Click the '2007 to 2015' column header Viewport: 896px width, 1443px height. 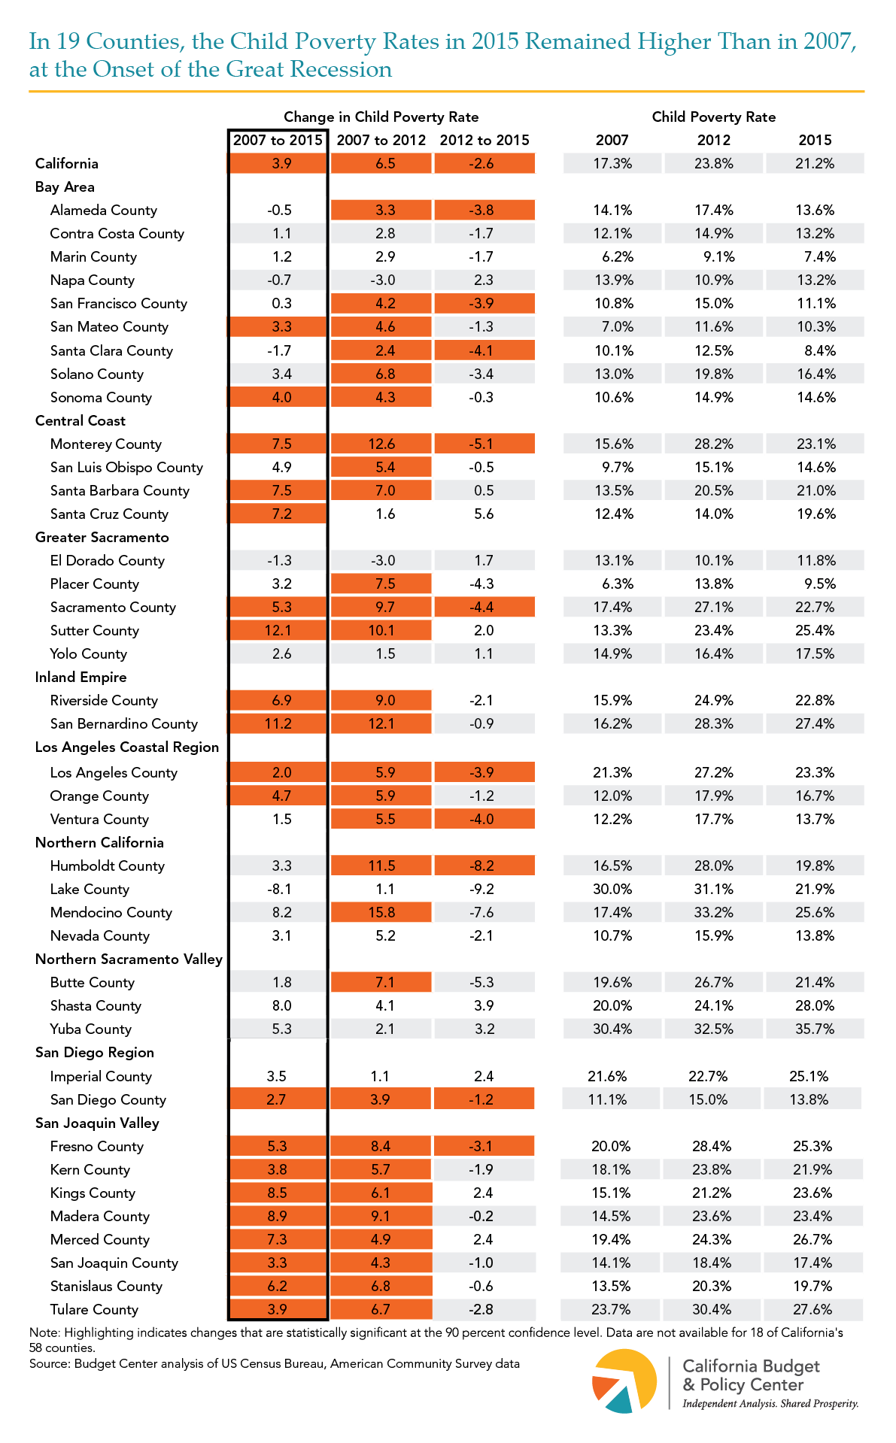(278, 140)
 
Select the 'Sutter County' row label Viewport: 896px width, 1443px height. (95, 630)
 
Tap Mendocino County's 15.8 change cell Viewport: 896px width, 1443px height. (381, 912)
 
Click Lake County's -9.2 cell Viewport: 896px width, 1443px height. (484, 889)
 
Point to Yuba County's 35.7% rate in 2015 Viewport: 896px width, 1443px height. (815, 1029)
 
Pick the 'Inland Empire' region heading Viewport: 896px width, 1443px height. (80, 677)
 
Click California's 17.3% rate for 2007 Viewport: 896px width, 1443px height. (612, 163)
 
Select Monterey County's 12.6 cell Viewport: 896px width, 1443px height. (381, 444)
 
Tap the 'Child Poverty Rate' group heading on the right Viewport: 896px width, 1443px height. (713, 117)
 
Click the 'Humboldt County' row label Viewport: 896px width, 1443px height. (108, 865)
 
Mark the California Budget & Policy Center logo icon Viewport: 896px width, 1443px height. (624, 1381)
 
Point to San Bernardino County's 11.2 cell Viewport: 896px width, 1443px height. (278, 723)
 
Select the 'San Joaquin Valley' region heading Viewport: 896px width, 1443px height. (97, 1123)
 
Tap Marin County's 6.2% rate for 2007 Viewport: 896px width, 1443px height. (617, 256)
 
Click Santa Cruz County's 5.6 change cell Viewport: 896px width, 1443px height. (484, 514)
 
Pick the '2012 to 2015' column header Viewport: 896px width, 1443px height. (484, 140)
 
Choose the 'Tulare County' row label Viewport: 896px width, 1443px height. (94, 1309)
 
